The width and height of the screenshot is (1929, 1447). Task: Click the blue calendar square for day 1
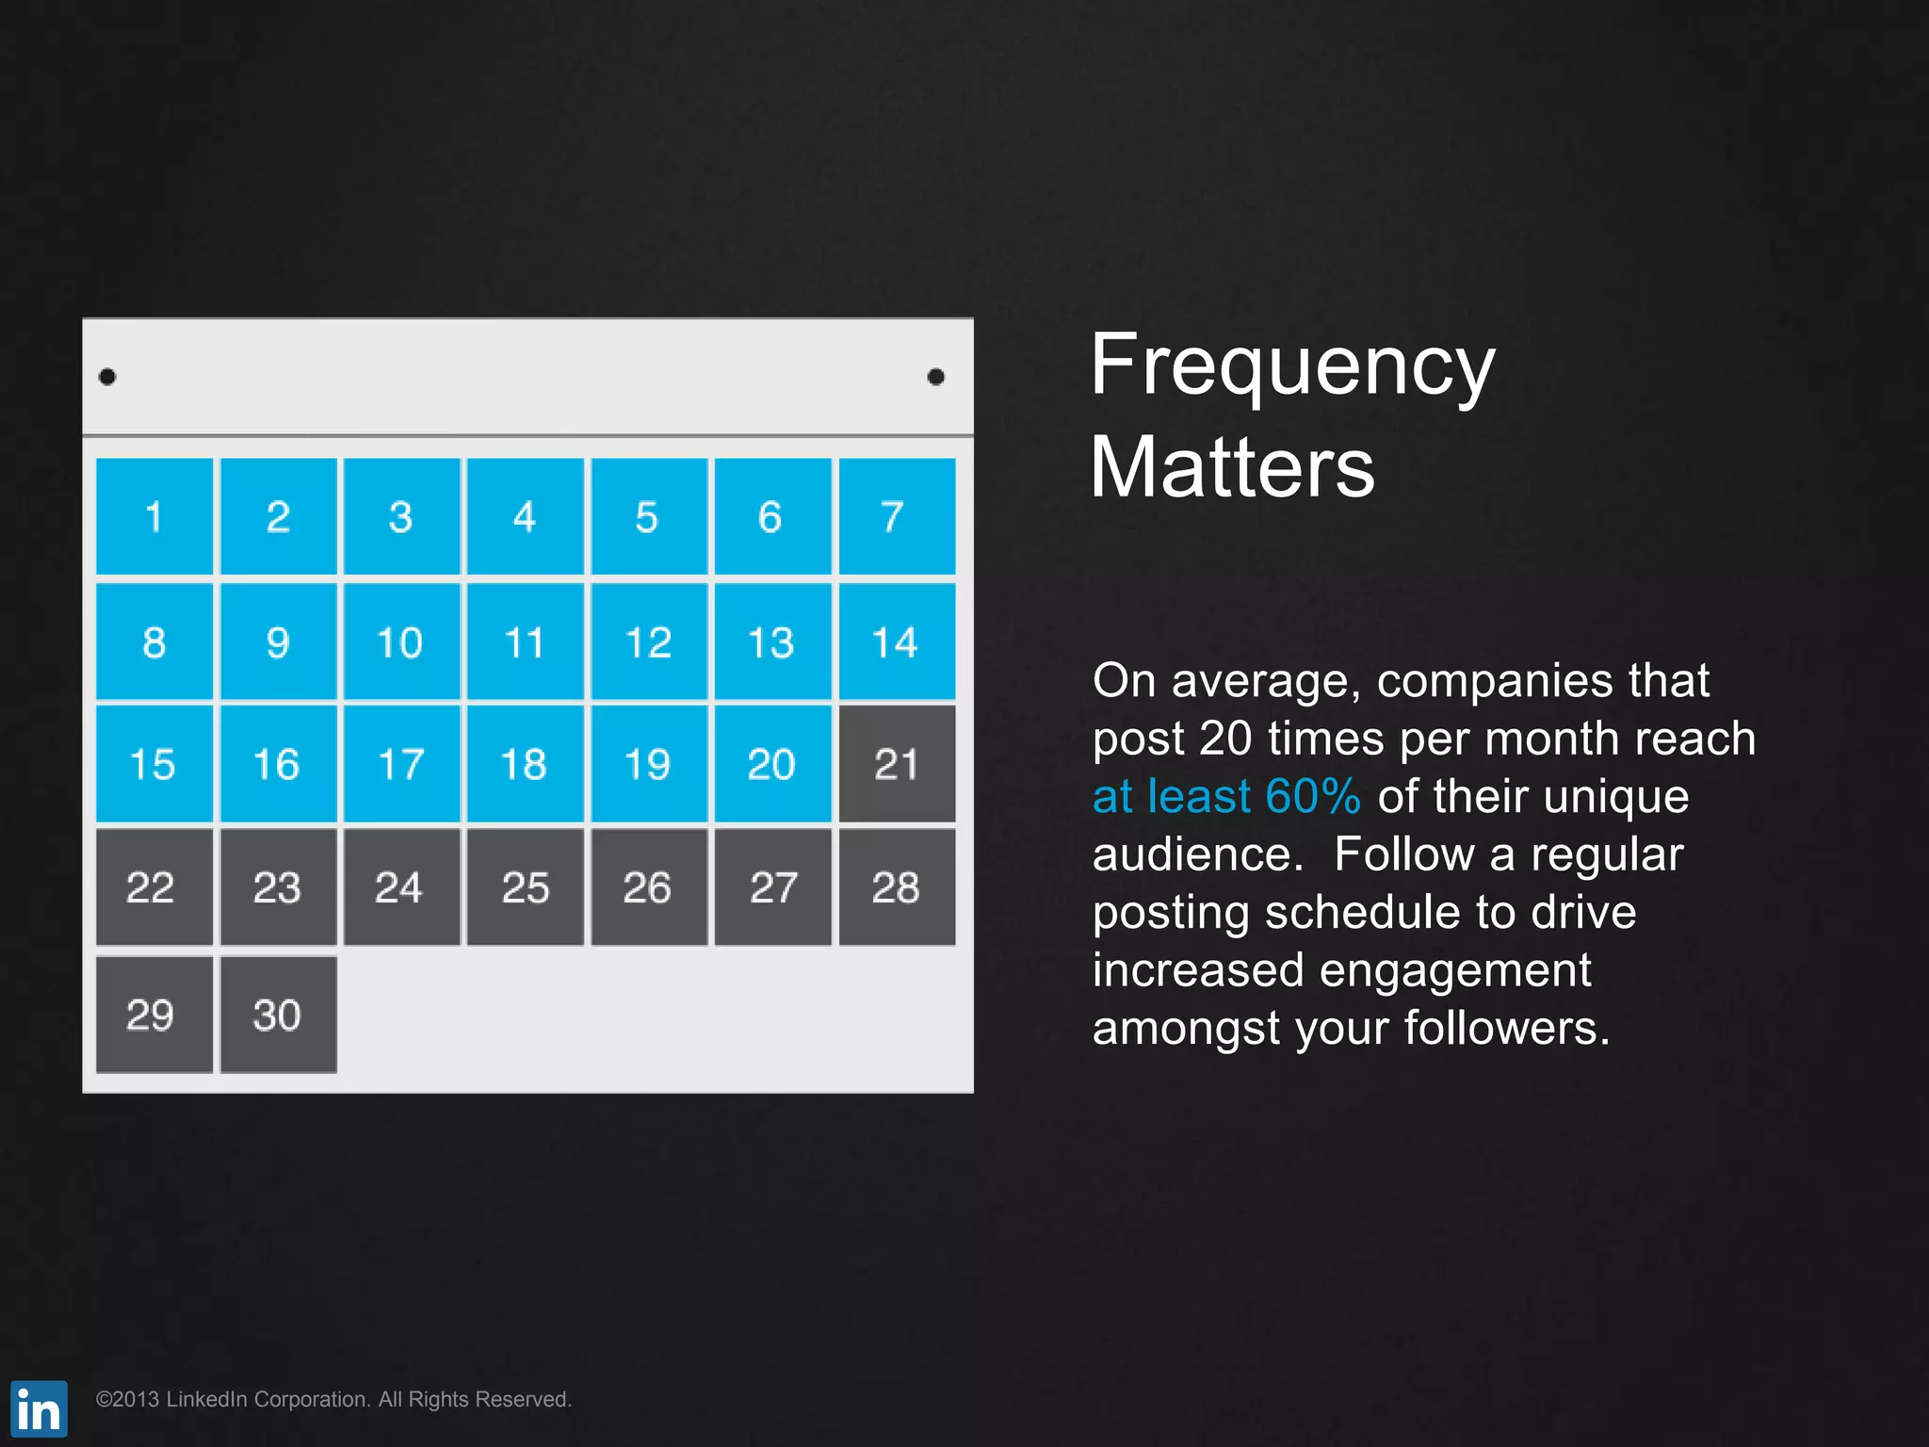tap(154, 516)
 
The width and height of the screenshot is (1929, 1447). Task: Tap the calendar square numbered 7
tap(897, 516)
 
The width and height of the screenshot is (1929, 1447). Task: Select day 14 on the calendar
tap(897, 642)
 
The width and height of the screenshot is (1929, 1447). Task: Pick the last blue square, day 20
tap(772, 764)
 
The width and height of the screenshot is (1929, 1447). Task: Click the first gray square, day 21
tap(897, 764)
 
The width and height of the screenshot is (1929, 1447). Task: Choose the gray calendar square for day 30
tap(278, 1015)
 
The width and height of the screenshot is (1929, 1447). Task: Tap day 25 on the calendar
tap(526, 887)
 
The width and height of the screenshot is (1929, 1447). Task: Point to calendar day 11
tap(526, 642)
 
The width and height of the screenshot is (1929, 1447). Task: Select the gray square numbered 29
tap(154, 1015)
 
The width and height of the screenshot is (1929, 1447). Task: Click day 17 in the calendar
tap(401, 764)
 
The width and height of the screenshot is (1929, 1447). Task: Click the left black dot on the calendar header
tap(107, 377)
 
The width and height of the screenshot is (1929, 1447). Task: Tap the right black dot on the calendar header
tap(935, 377)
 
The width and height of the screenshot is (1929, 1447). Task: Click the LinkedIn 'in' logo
tap(39, 1408)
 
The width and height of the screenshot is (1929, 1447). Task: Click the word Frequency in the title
tap(1292, 367)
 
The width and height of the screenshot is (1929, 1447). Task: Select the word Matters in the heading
tap(1232, 467)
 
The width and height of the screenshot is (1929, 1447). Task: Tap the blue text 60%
tap(1313, 796)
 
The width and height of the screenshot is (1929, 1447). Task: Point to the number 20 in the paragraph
tap(1224, 739)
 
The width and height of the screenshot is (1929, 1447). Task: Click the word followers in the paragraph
tap(1506, 1028)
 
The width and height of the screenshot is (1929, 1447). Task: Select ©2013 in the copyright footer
tap(127, 1399)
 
